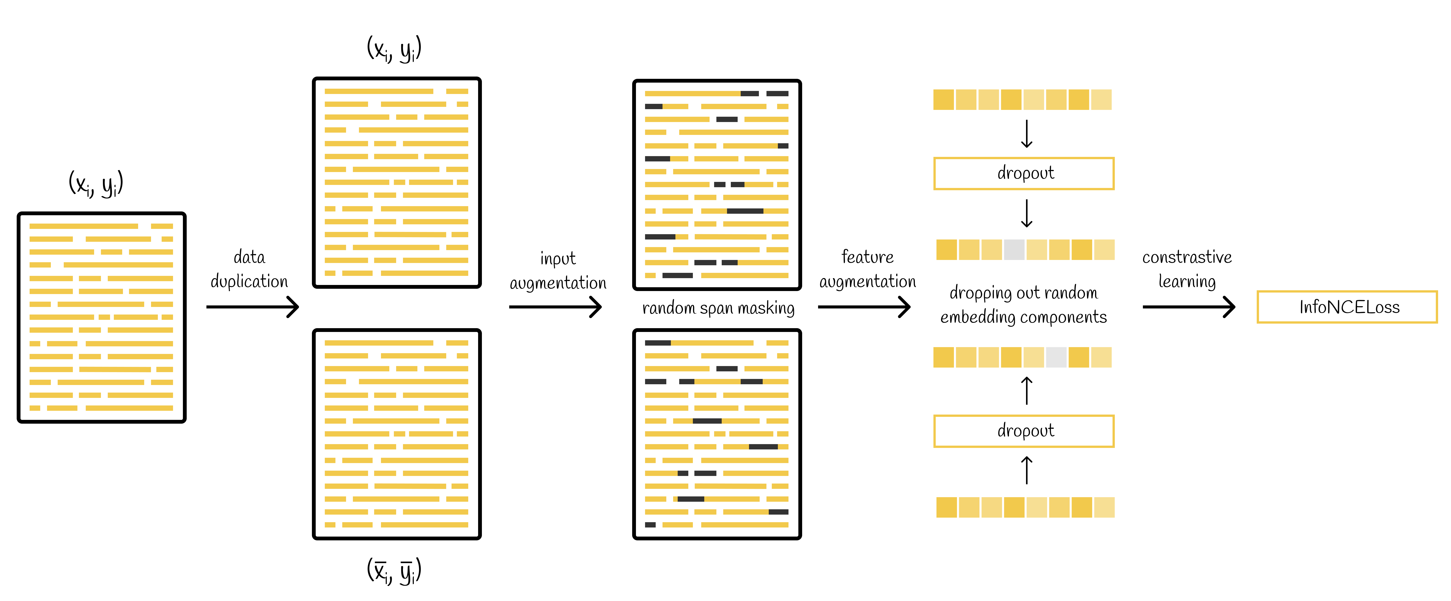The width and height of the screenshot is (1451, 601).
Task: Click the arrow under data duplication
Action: [252, 307]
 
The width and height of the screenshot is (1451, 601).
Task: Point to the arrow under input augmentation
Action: [555, 307]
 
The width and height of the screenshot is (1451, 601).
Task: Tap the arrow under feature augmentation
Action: [863, 307]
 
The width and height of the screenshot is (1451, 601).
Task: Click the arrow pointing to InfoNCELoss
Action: [1188, 307]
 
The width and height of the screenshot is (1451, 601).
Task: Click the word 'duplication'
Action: [249, 281]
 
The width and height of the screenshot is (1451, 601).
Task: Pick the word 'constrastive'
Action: [1187, 257]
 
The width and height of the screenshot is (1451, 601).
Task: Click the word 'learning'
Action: [1187, 281]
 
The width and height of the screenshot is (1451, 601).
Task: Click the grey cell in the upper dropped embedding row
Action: [1014, 250]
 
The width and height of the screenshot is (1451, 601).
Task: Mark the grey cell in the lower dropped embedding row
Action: [1056, 357]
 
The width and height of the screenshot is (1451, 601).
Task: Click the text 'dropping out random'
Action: [1024, 293]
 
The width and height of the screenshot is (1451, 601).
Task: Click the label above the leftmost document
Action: [96, 183]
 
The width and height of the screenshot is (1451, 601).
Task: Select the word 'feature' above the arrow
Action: [867, 257]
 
